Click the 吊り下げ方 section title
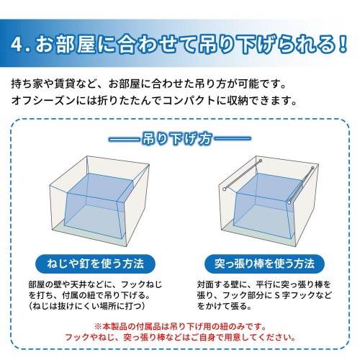[x=179, y=137]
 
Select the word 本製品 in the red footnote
[x=115, y=325]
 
